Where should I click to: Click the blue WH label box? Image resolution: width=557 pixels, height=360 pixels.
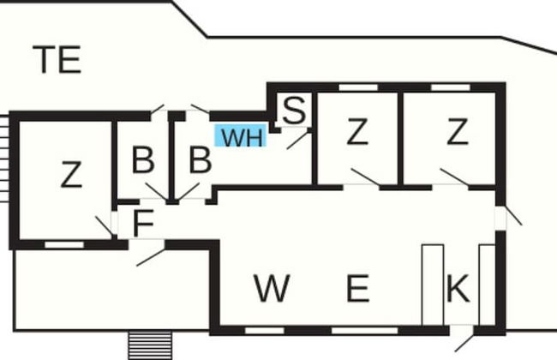[x=241, y=137]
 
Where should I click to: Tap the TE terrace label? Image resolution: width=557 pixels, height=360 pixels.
[x=57, y=60]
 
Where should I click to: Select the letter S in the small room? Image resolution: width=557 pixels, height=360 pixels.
[x=294, y=111]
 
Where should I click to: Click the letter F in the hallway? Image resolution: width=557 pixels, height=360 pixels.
[x=144, y=224]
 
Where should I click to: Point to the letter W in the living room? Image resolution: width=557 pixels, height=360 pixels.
[x=272, y=290]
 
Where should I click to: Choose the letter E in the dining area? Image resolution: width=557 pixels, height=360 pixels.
[x=356, y=290]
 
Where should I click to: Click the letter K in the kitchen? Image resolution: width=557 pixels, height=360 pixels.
[x=458, y=290]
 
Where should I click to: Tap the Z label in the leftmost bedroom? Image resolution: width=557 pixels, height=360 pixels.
[x=72, y=175]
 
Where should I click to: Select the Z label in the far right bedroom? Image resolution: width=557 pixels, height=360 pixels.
[x=458, y=133]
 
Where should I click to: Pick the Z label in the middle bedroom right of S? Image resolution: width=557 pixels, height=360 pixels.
[x=356, y=133]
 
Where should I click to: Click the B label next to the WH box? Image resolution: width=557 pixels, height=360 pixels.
[x=200, y=160]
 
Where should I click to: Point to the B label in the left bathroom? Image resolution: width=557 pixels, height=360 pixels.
[x=143, y=160]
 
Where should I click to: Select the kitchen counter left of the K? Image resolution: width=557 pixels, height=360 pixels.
[x=433, y=285]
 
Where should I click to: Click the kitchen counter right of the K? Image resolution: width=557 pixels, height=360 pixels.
[x=487, y=285]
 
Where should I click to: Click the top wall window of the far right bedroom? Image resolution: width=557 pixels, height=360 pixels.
[x=450, y=87]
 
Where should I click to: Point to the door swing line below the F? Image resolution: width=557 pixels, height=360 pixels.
[x=151, y=255]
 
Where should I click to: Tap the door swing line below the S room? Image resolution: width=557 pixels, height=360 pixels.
[x=297, y=140]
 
